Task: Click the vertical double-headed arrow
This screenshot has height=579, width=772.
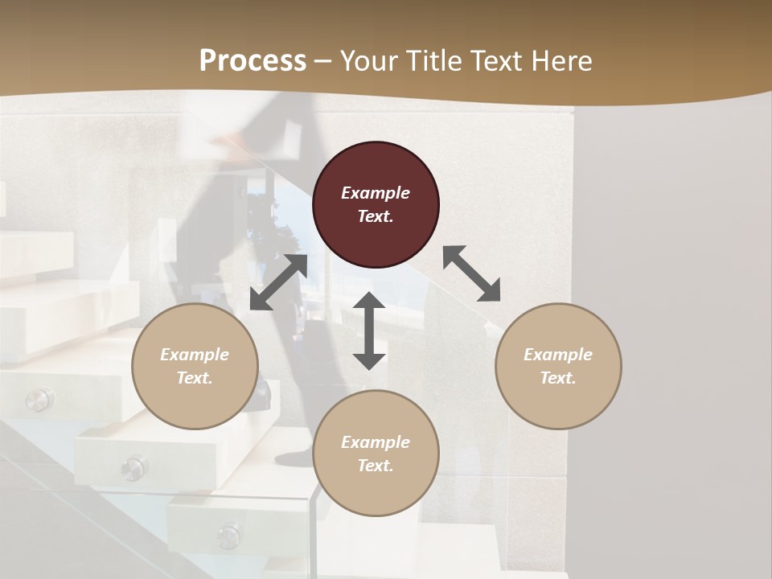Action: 369,331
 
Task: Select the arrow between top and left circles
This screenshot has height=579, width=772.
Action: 278,282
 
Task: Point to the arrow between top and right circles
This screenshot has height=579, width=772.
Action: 471,273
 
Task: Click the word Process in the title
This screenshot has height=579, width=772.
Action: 253,60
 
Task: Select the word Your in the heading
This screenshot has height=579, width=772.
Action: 368,60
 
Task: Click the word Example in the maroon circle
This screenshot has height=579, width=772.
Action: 376,193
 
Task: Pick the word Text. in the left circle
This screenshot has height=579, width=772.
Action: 195,378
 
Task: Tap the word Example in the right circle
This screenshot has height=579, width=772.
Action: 558,355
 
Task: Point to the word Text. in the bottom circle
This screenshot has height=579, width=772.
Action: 376,466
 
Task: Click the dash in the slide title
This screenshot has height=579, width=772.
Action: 323,61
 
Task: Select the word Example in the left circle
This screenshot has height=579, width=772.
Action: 195,355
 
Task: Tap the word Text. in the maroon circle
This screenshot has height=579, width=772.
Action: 376,216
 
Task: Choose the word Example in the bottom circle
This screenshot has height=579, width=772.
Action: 376,442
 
